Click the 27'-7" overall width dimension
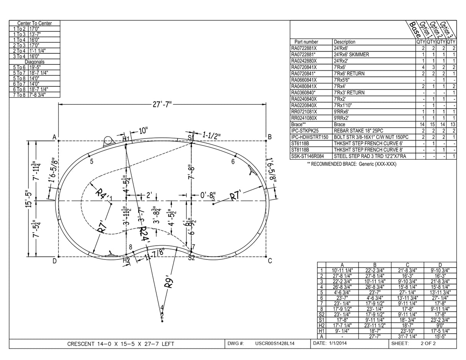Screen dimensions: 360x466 (163, 104)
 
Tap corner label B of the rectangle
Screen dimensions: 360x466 (270, 137)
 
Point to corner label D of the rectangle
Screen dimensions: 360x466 (55, 261)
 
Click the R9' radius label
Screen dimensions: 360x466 (169, 282)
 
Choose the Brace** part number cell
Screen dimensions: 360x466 (299, 124)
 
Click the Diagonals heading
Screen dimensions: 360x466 (35, 62)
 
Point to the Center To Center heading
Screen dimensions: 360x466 (35, 23)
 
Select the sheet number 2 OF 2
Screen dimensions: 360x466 (428, 343)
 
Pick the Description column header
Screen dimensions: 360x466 (344, 42)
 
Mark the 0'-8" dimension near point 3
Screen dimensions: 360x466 (208, 195)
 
